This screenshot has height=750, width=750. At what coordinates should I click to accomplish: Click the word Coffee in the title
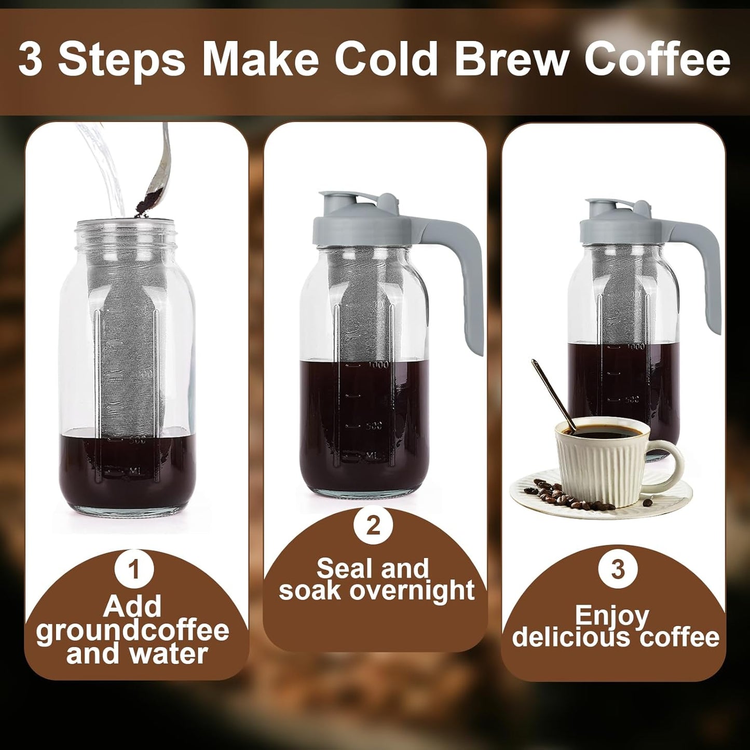657,59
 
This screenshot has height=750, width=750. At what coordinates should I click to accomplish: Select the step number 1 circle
134,569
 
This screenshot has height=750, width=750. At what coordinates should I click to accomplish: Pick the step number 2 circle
373,526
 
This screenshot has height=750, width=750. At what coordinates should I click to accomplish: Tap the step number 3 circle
617,569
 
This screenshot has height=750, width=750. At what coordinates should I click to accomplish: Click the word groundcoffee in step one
133,630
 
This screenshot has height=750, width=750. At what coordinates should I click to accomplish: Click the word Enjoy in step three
612,616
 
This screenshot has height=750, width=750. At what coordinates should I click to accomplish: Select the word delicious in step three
571,637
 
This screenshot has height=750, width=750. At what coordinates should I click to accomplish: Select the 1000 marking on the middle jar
378,365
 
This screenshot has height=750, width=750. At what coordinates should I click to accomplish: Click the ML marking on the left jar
135,471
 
